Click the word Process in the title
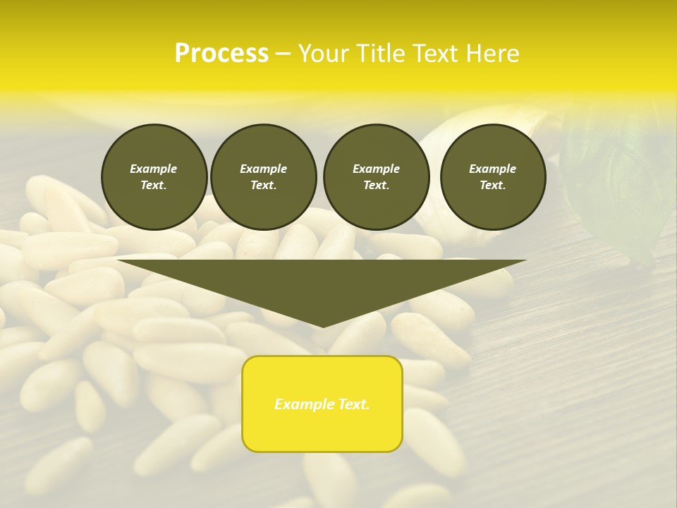pos(221,54)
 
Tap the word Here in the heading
pos(490,54)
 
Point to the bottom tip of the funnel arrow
pos(323,327)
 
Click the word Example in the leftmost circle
pos(154,169)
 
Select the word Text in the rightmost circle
pos(493,185)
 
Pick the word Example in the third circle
pos(376,169)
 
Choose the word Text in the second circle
pos(264,185)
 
